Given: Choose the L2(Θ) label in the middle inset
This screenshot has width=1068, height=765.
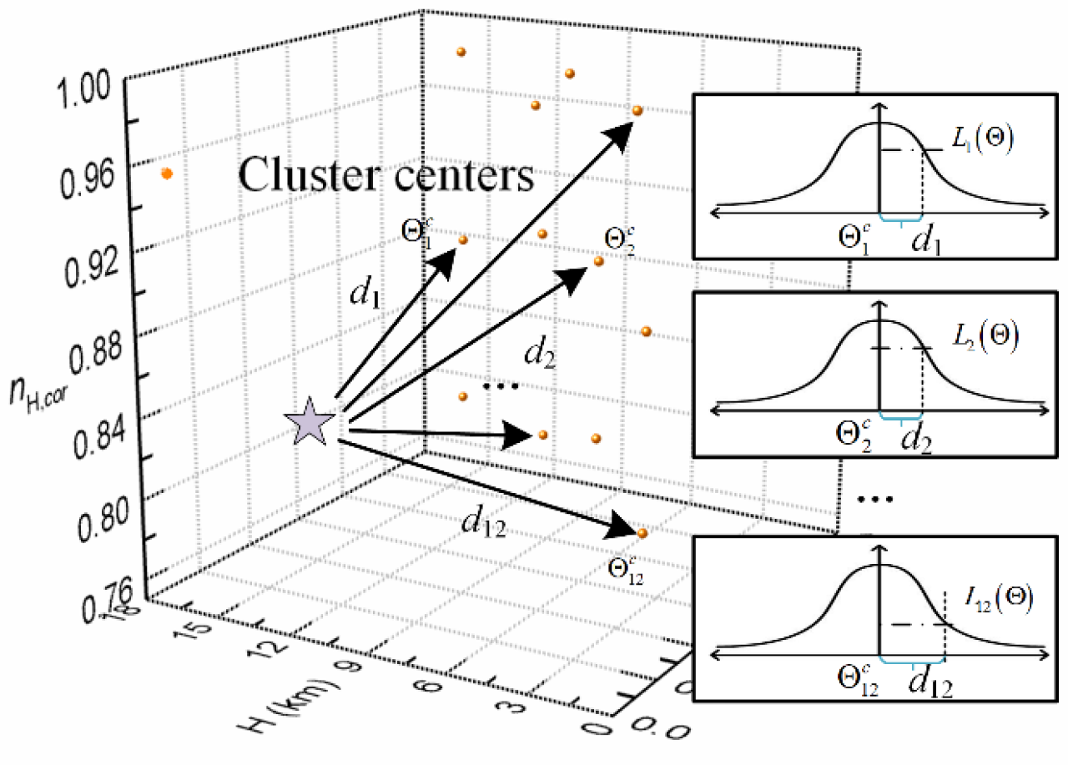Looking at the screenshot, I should point(983,336).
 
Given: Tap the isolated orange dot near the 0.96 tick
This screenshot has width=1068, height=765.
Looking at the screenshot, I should point(167,174).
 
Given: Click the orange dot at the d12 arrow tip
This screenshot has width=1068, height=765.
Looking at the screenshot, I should point(641,533).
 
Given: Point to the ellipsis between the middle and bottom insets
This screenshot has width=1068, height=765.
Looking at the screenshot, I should point(876,498).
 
